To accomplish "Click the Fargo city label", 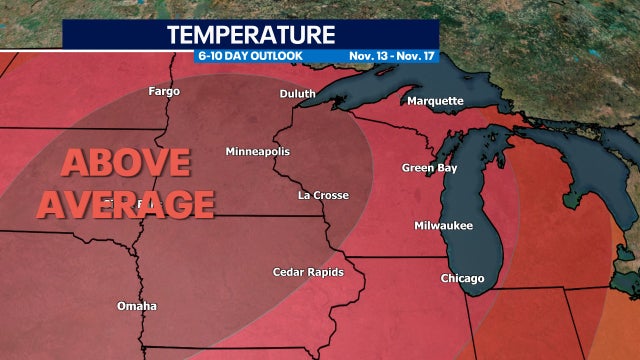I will [163, 91].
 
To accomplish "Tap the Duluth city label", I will [297, 94].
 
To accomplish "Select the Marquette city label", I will [435, 101].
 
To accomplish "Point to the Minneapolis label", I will [257, 151].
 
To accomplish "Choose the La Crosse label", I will [323, 195].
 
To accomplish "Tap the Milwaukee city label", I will [443, 226].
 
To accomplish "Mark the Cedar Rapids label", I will [308, 272].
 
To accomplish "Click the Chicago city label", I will [462, 278].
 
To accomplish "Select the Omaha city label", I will [135, 305].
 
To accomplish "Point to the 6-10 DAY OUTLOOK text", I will [249, 56].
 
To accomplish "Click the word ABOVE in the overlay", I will [127, 164].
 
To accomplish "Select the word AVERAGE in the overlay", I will [140, 204].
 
